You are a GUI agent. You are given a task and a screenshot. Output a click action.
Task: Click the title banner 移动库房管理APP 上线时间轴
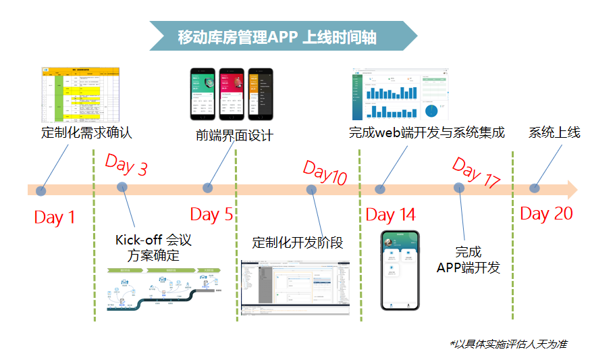[277, 37]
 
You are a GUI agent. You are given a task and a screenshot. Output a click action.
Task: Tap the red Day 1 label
[55, 217]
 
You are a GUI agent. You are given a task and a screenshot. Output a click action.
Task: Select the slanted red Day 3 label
[126, 165]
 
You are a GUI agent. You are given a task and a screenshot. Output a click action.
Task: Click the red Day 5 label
[211, 215]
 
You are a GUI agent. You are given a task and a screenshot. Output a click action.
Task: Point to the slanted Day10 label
[325, 173]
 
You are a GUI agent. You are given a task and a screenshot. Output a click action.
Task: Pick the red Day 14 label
[391, 215]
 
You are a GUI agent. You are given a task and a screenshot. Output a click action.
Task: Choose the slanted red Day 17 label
[476, 172]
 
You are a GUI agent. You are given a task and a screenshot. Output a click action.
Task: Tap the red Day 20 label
[546, 214]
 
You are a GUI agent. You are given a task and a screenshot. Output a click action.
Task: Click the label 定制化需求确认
[86, 133]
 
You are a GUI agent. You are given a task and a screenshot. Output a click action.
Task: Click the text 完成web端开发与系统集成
[427, 132]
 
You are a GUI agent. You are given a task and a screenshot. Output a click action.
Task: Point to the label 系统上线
[554, 132]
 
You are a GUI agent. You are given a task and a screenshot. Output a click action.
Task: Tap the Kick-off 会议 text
[153, 240]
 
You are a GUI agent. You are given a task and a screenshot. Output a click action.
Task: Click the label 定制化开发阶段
[298, 242]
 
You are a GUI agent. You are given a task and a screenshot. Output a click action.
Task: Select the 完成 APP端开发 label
[468, 260]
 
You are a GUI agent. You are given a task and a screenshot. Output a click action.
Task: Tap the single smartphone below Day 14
[400, 270]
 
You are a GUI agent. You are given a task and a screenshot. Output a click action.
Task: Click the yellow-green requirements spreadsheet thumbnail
[80, 94]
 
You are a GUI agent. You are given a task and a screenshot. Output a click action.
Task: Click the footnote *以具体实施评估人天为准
[509, 344]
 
